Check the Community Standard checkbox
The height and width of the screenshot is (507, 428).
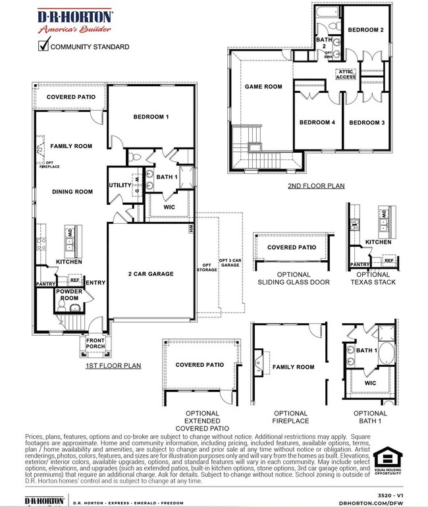click(43, 46)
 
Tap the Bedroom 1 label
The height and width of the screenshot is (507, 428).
click(151, 117)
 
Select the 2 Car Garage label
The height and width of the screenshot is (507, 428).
click(151, 273)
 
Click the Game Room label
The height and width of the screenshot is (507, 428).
click(263, 86)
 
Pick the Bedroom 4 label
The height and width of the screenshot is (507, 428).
click(317, 122)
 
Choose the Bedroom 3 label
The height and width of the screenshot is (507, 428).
click(365, 122)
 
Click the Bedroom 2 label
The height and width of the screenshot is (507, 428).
click(365, 30)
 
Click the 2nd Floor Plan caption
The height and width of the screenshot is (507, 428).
click(316, 186)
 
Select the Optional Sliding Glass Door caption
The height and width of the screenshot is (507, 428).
click(293, 278)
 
